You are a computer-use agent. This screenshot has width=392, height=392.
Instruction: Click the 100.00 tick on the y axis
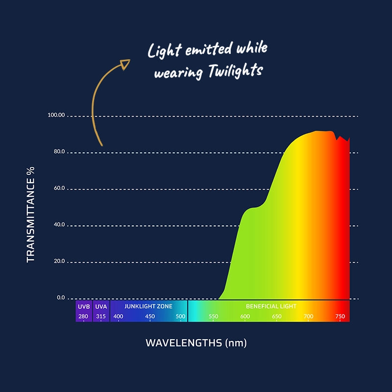(x=56, y=115)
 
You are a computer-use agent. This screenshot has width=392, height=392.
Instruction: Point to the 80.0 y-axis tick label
(x=59, y=152)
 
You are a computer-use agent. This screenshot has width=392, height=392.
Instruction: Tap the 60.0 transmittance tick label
(x=59, y=188)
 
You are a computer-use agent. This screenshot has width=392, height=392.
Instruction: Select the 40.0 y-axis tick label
(x=59, y=224)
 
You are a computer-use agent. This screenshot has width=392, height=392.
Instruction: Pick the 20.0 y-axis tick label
(x=59, y=261)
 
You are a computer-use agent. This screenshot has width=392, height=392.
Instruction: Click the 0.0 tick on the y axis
(x=61, y=297)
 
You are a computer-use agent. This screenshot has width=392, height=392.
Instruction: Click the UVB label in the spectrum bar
(x=83, y=306)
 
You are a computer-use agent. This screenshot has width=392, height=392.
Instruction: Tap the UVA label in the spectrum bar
(x=101, y=306)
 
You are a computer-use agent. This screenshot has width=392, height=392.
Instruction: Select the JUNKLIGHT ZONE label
(x=148, y=306)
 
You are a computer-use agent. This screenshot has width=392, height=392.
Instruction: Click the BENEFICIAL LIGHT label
(x=271, y=306)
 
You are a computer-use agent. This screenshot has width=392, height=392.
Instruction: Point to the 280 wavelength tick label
(x=83, y=317)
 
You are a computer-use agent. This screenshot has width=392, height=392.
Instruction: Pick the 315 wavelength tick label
(x=101, y=317)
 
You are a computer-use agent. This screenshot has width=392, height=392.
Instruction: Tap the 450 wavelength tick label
(x=150, y=317)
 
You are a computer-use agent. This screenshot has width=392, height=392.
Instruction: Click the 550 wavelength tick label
(x=214, y=317)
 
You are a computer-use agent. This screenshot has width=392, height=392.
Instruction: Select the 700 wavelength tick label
(x=308, y=317)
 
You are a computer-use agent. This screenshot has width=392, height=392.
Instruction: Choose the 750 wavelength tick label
(x=340, y=317)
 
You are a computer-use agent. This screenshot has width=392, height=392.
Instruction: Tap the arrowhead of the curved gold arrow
(x=125, y=63)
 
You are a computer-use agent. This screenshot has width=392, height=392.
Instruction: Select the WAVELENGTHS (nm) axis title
(x=196, y=343)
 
